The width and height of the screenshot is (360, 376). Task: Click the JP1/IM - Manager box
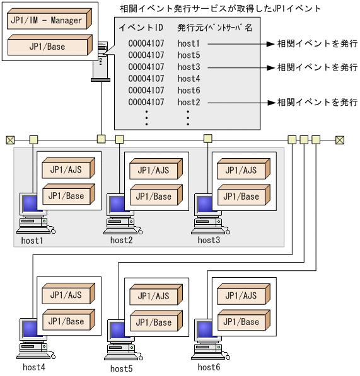click(x=47, y=20)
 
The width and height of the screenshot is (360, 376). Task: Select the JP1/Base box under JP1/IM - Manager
click(x=47, y=47)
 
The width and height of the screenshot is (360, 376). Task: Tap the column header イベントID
click(x=141, y=28)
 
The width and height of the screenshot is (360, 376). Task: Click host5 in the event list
click(x=189, y=55)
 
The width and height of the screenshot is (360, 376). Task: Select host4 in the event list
click(x=189, y=79)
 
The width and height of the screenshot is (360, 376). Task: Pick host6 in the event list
click(x=189, y=91)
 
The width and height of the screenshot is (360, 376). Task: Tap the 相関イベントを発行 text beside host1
click(x=317, y=44)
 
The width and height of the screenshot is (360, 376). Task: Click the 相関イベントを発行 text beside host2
click(x=317, y=102)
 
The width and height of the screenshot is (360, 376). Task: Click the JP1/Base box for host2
click(x=154, y=197)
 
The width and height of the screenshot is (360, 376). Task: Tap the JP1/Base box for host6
click(x=241, y=322)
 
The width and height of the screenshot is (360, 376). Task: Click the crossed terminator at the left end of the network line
click(x=10, y=140)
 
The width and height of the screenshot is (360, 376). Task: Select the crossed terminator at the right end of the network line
click(x=340, y=140)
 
